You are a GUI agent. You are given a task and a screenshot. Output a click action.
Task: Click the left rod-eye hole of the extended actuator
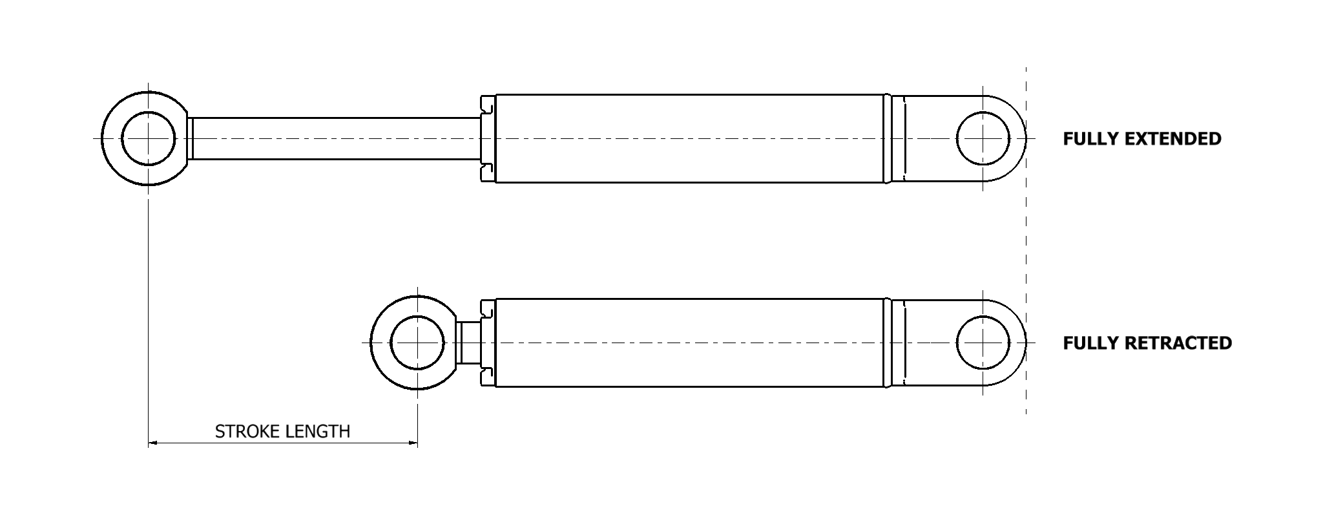pyautogui.click(x=148, y=138)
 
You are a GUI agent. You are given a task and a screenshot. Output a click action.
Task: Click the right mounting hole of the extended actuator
pyautogui.click(x=983, y=138)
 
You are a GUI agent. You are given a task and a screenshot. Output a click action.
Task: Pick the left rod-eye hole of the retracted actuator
pyautogui.click(x=417, y=343)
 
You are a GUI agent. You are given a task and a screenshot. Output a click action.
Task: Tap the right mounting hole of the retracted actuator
pyautogui.click(x=983, y=343)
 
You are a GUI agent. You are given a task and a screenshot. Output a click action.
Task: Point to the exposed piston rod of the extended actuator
pyautogui.click(x=336, y=138)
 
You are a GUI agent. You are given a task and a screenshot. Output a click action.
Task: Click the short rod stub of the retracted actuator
pyautogui.click(x=469, y=343)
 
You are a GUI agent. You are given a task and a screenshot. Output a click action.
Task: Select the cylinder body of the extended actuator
pyautogui.click(x=688, y=138)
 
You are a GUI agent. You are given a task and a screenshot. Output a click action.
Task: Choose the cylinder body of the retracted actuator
pyautogui.click(x=688, y=343)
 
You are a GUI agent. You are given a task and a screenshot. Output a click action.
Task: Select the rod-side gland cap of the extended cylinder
pyautogui.click(x=488, y=138)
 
